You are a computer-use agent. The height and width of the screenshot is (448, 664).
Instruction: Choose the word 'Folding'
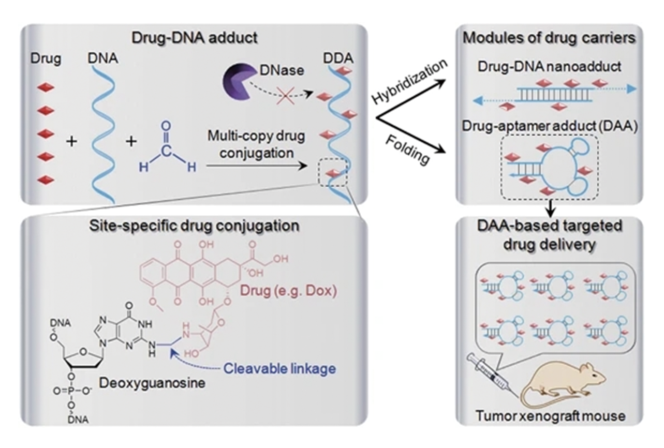[x=409, y=150]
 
